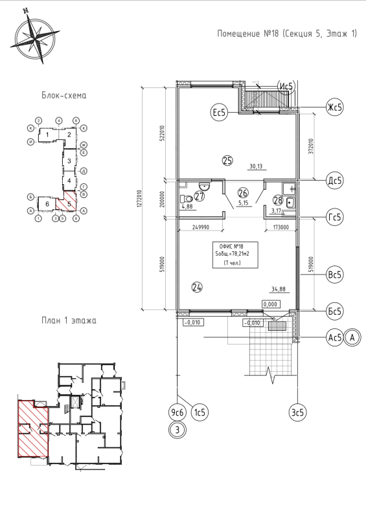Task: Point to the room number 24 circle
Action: [197, 286]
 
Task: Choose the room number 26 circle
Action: [244, 192]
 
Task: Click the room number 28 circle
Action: [279, 199]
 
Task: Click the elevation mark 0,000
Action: [271, 304]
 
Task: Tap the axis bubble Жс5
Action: [334, 106]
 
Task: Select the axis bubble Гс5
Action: [334, 218]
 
